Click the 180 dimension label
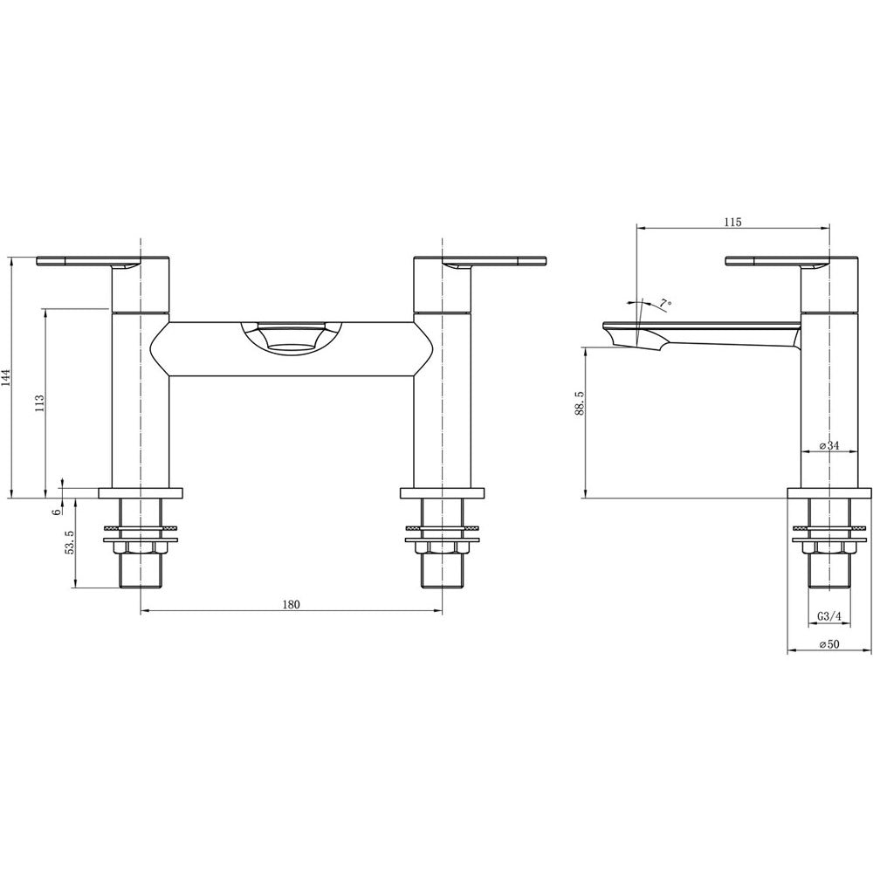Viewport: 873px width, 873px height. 291,605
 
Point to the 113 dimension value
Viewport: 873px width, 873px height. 39,403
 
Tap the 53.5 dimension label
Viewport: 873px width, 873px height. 70,543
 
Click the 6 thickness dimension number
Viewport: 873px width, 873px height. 56,512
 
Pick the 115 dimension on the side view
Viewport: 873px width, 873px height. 733,222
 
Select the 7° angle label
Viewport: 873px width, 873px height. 665,304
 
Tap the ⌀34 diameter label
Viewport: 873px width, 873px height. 829,445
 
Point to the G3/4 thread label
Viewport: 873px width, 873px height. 829,616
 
